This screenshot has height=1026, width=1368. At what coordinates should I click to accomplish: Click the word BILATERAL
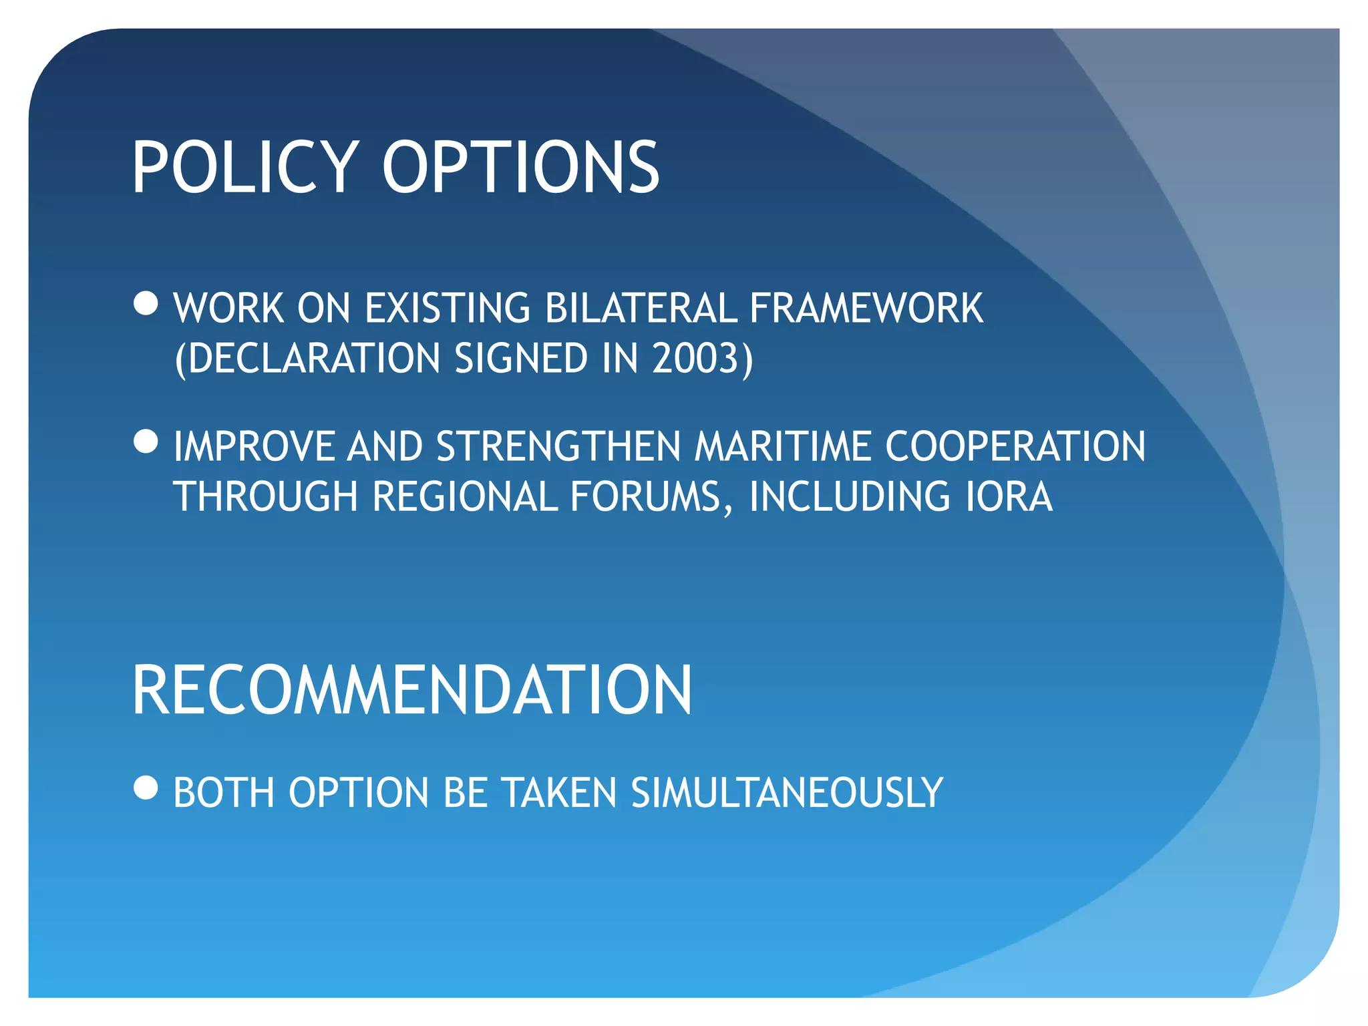(x=640, y=309)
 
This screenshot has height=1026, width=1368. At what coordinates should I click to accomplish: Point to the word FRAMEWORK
(x=866, y=309)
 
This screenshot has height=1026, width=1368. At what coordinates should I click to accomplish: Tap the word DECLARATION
(x=313, y=359)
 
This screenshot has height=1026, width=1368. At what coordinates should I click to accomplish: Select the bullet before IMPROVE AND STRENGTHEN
(x=146, y=442)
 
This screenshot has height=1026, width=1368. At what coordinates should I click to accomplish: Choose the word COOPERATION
(x=1015, y=446)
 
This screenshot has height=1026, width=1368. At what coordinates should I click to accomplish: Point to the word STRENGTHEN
(x=558, y=446)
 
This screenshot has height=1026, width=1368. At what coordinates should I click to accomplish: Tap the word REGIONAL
(x=464, y=497)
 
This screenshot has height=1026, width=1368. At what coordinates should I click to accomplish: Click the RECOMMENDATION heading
(x=412, y=691)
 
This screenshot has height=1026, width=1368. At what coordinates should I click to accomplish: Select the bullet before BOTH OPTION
(x=146, y=788)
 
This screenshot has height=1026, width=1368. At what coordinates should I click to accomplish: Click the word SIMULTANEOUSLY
(x=786, y=793)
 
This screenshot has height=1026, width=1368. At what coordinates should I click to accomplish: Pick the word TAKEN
(x=559, y=793)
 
